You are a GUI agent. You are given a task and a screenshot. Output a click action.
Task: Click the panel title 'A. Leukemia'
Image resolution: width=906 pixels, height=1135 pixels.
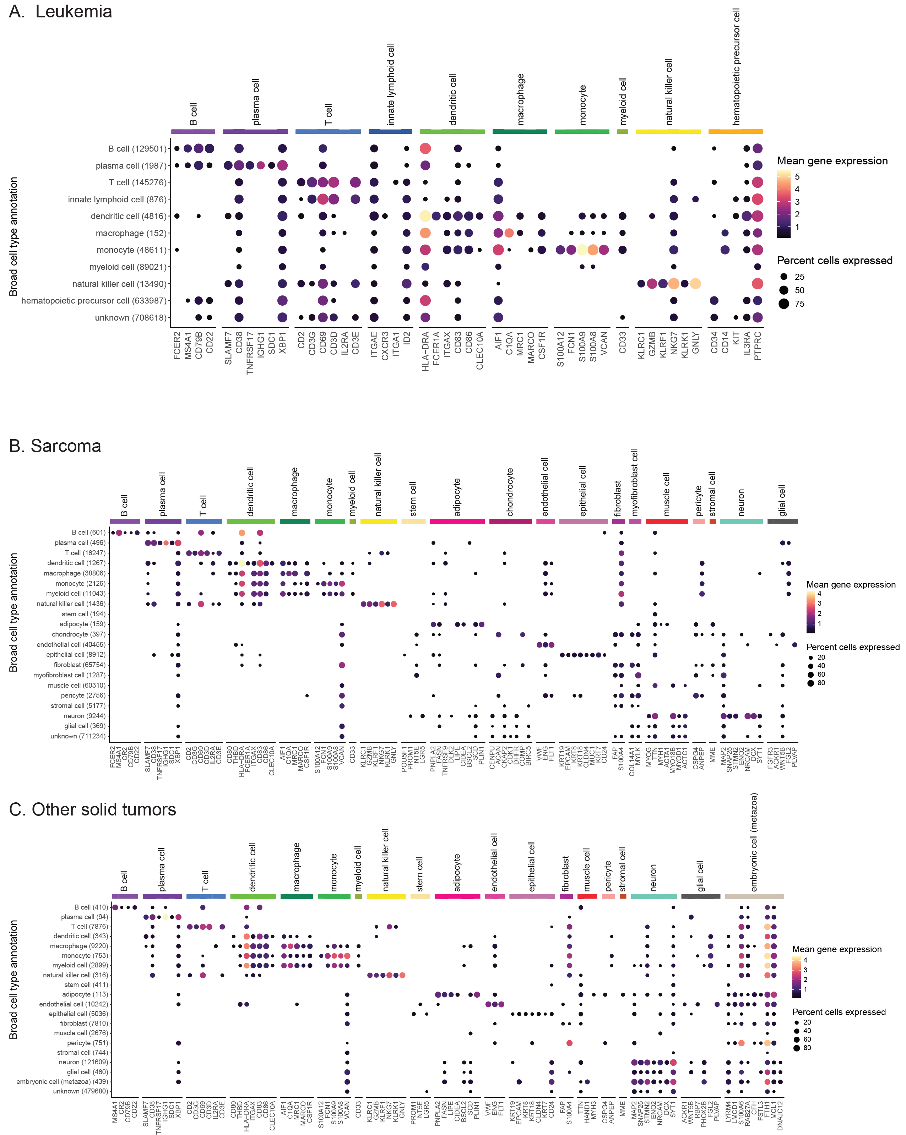tap(61, 12)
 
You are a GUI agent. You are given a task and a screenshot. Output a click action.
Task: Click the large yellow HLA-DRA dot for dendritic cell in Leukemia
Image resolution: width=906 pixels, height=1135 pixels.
tap(425, 216)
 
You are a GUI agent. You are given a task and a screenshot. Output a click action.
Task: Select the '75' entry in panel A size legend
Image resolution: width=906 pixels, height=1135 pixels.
tap(799, 304)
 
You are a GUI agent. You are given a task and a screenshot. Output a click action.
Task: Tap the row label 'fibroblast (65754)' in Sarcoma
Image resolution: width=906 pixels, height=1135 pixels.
tap(80, 665)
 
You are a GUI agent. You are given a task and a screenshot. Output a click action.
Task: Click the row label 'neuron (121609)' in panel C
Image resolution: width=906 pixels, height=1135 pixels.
tap(84, 1062)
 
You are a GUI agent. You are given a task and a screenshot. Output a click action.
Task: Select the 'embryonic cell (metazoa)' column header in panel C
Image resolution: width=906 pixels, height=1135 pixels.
tap(754, 842)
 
